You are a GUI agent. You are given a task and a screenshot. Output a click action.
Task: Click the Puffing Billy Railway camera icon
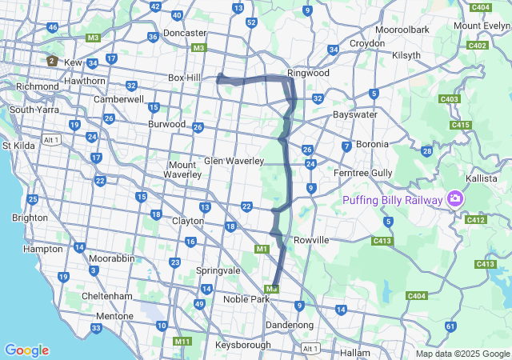point(455,198)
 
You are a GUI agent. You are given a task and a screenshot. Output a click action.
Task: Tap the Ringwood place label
point(308,73)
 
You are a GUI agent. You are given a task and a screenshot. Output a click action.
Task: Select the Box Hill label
point(187,78)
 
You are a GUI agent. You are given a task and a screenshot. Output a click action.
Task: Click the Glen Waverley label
point(234,161)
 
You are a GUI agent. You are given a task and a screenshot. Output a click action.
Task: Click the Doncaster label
point(185,33)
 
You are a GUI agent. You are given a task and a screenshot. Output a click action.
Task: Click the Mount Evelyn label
point(482,26)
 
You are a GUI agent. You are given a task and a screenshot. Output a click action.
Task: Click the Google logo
point(26,350)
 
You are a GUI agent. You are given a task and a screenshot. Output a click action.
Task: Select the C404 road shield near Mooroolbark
point(481,7)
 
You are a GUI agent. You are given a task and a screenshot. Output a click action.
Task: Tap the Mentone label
point(114,317)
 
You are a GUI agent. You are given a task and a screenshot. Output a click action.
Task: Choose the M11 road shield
point(182,342)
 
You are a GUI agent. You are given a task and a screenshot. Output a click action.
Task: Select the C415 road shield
point(460,125)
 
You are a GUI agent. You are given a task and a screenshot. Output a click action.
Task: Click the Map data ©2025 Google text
point(462,354)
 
